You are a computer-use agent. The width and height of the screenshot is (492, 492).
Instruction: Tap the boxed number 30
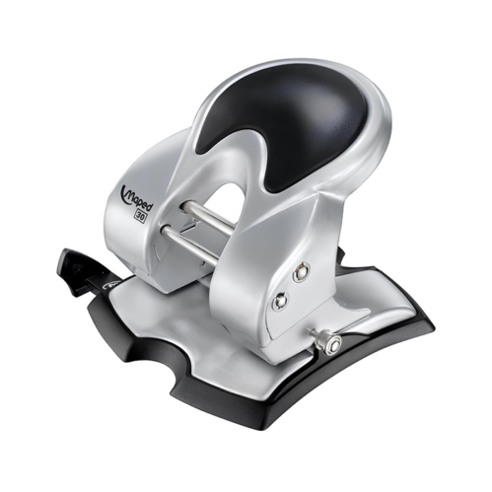(140, 217)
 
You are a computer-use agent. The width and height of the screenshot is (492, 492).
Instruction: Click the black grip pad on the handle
(284, 125)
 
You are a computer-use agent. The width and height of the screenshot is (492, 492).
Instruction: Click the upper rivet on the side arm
(302, 271)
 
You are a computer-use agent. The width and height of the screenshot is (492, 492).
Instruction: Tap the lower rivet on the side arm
(280, 300)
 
